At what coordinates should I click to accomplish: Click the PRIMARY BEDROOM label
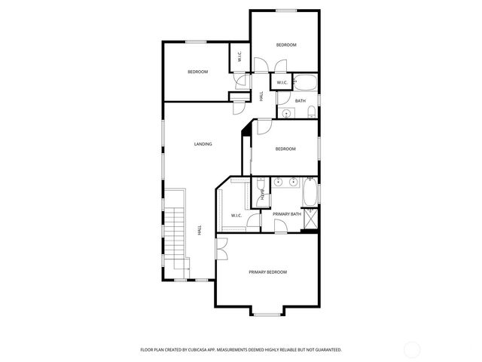click(x=267, y=271)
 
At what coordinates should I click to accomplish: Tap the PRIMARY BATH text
click(x=287, y=215)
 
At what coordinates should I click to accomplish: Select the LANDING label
click(x=203, y=144)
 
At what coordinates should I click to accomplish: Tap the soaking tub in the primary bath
click(x=310, y=192)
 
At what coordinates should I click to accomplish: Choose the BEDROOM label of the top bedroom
click(x=286, y=45)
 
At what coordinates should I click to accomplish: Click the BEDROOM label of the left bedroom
click(x=197, y=72)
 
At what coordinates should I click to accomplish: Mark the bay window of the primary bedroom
click(x=267, y=313)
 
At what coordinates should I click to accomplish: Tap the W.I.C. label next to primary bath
click(x=236, y=216)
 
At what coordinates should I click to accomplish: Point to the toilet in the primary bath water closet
click(x=261, y=183)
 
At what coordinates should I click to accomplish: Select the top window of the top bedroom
click(x=286, y=10)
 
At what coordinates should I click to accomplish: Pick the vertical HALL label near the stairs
click(x=200, y=229)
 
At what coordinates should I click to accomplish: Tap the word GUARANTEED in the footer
click(x=326, y=350)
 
